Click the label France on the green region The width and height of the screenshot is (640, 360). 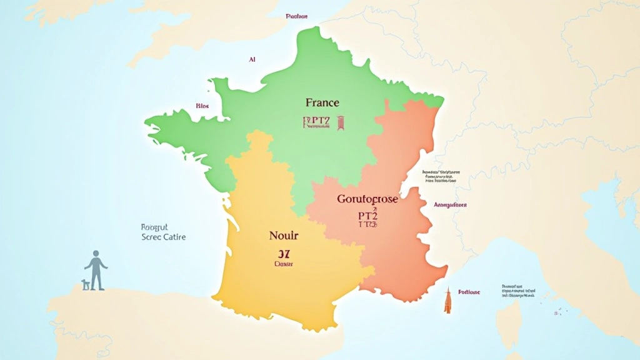click(x=322, y=102)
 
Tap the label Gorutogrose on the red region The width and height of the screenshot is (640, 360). click(x=367, y=200)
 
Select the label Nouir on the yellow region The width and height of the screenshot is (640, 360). click(x=284, y=236)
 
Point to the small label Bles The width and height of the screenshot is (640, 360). click(x=202, y=106)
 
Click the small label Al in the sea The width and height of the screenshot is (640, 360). click(x=252, y=59)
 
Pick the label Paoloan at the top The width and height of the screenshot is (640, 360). click(x=296, y=16)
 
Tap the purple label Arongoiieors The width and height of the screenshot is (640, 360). click(x=450, y=204)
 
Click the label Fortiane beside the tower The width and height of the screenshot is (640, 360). click(x=469, y=292)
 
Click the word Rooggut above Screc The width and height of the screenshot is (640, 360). click(x=151, y=228)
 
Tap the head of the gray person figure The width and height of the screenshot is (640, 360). click(x=96, y=254)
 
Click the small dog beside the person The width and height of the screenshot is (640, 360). click(x=86, y=284)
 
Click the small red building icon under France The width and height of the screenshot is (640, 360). click(x=341, y=122)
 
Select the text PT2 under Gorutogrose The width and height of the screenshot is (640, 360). click(x=367, y=215)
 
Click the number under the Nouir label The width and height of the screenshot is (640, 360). click(x=283, y=254)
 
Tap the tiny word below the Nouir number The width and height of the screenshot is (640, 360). click(x=283, y=264)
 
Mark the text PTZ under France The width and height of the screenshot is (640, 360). click(x=316, y=120)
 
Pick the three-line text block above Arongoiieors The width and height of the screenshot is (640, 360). click(x=441, y=176)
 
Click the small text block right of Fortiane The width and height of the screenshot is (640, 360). click(x=519, y=291)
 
